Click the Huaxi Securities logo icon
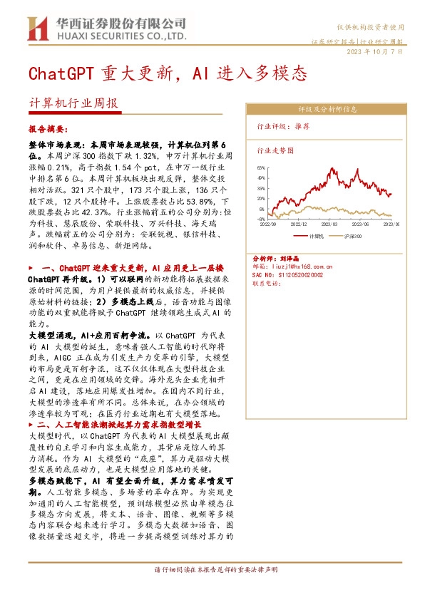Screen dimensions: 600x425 (36, 29)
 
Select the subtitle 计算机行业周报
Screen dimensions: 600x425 (73, 103)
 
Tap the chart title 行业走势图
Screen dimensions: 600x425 (275, 151)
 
